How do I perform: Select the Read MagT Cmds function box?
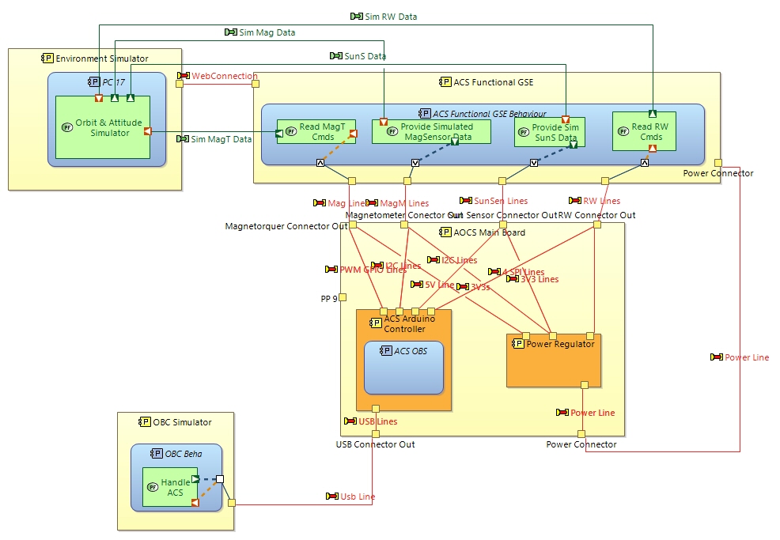[316, 131]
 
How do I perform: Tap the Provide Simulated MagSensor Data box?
[431, 131]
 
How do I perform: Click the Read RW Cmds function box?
[645, 131]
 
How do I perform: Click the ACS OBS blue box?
[403, 368]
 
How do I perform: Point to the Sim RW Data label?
[390, 17]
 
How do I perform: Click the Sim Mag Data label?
[267, 32]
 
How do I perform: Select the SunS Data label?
[365, 56]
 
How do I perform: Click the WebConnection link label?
[224, 76]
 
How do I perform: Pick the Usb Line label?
[357, 497]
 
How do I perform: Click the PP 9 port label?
[328, 298]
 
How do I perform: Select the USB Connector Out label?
[375, 444]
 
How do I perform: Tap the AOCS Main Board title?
[482, 232]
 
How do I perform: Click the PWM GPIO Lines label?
[373, 270]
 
